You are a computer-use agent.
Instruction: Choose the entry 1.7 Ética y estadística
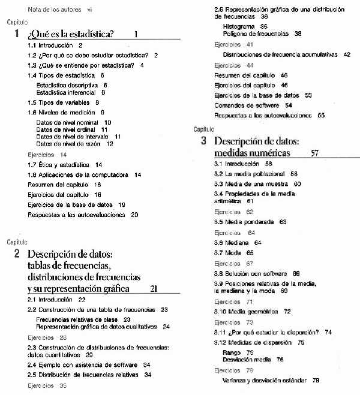59,164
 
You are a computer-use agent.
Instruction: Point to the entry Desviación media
244,360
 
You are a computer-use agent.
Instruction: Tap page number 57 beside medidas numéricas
316,153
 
